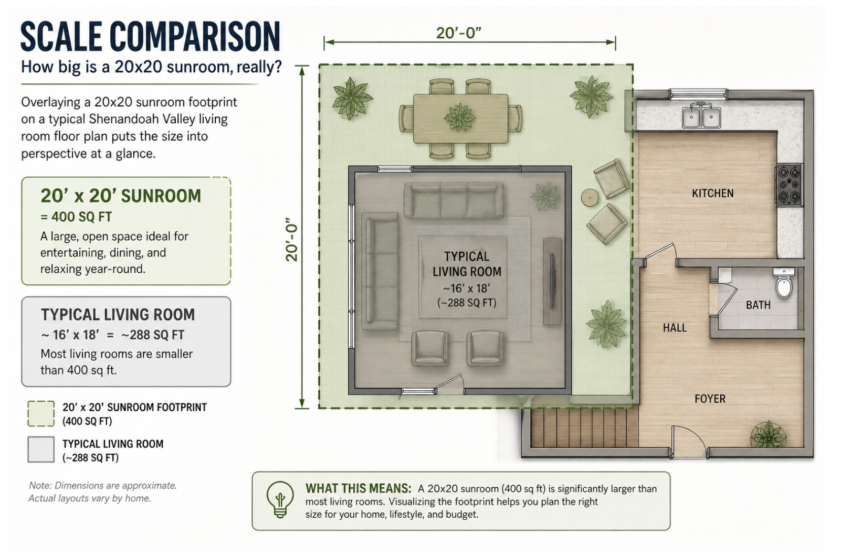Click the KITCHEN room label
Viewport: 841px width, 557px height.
[x=712, y=193]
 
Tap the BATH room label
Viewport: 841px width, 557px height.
[x=758, y=305]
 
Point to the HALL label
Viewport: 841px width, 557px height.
[x=675, y=328]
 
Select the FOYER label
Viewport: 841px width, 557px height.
[x=710, y=398]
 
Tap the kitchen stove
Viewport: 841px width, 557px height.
[x=790, y=185]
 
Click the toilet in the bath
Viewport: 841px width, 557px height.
[x=784, y=283]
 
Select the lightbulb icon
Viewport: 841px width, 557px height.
[x=280, y=500]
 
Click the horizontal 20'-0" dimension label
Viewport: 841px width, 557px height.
[x=458, y=34]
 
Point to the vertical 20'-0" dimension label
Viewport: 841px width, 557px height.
[x=292, y=239]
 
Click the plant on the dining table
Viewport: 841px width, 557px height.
[x=459, y=117]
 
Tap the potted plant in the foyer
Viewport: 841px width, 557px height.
[x=768, y=435]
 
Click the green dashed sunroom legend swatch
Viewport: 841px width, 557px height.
[x=41, y=414]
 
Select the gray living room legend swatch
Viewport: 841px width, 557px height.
[x=41, y=449]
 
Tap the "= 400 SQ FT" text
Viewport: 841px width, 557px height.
[x=76, y=217]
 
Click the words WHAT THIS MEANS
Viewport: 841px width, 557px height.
[x=358, y=488]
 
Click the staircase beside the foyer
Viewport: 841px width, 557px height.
[x=585, y=428]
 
